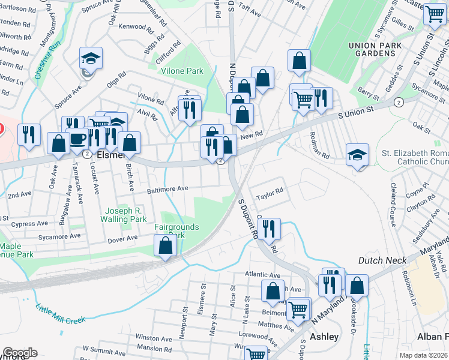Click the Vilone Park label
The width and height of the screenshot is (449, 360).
[x=182, y=71]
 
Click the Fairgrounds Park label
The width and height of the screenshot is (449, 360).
[x=176, y=231]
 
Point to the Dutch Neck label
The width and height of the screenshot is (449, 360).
[x=383, y=260]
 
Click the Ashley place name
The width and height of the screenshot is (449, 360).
[x=324, y=337]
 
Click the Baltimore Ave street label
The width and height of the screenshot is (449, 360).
[x=169, y=188]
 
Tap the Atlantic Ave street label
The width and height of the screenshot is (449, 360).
[x=262, y=275]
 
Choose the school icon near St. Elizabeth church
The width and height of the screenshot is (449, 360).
[x=357, y=155]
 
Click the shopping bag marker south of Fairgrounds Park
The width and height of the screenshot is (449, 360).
[x=165, y=246]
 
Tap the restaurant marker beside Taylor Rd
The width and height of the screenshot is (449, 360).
[x=268, y=229]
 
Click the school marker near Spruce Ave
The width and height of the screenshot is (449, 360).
[x=91, y=58]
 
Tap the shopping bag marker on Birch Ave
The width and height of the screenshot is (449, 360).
[x=129, y=143]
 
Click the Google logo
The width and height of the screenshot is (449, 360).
[x=20, y=353]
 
